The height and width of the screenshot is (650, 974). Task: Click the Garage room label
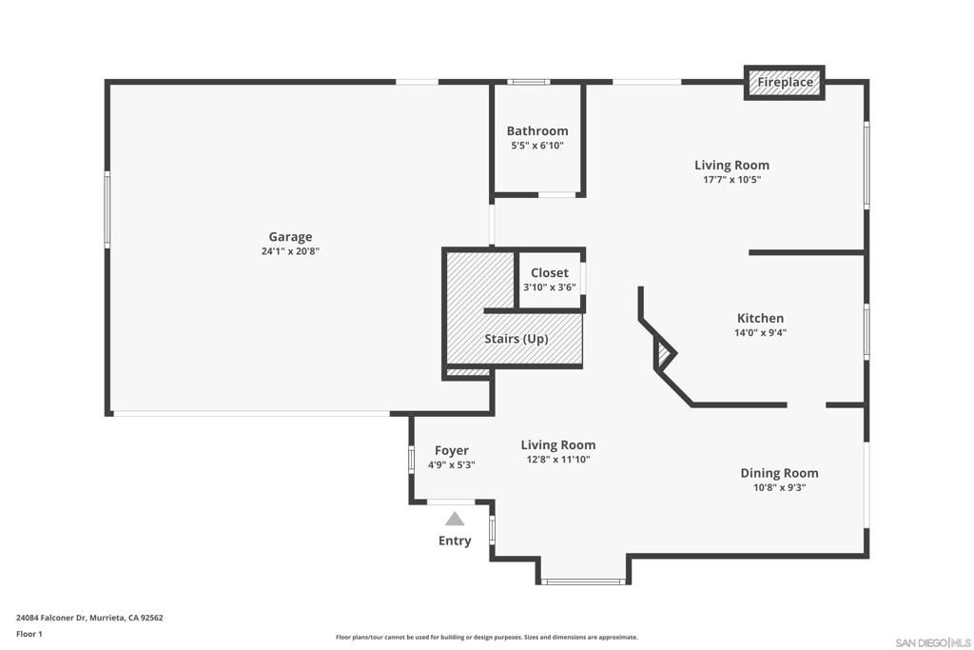[x=290, y=237]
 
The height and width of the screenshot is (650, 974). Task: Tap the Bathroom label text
[x=537, y=131]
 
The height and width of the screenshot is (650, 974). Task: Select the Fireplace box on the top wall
[x=785, y=82]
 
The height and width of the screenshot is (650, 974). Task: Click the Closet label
[x=549, y=273]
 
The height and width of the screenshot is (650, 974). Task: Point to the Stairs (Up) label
[x=516, y=339]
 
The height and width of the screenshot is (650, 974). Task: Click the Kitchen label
[x=760, y=318]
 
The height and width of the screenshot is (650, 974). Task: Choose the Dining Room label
[x=779, y=474]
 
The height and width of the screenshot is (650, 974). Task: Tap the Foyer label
[x=452, y=451]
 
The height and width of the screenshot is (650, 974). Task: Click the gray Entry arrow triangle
[x=455, y=519]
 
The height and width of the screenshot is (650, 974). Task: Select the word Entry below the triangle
[x=455, y=541]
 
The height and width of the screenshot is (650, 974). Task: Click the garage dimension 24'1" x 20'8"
[x=290, y=251]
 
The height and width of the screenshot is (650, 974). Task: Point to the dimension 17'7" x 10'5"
[x=731, y=180]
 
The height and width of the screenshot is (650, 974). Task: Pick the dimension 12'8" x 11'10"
[x=557, y=460]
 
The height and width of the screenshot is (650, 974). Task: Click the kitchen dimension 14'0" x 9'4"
[x=760, y=333]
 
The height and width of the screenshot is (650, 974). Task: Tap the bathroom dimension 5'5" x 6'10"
[x=537, y=146]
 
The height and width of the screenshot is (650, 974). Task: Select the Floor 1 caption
[x=29, y=635]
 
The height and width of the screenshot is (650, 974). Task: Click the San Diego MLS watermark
[x=933, y=642]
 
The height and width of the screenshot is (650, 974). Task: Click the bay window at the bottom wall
[x=583, y=581]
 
